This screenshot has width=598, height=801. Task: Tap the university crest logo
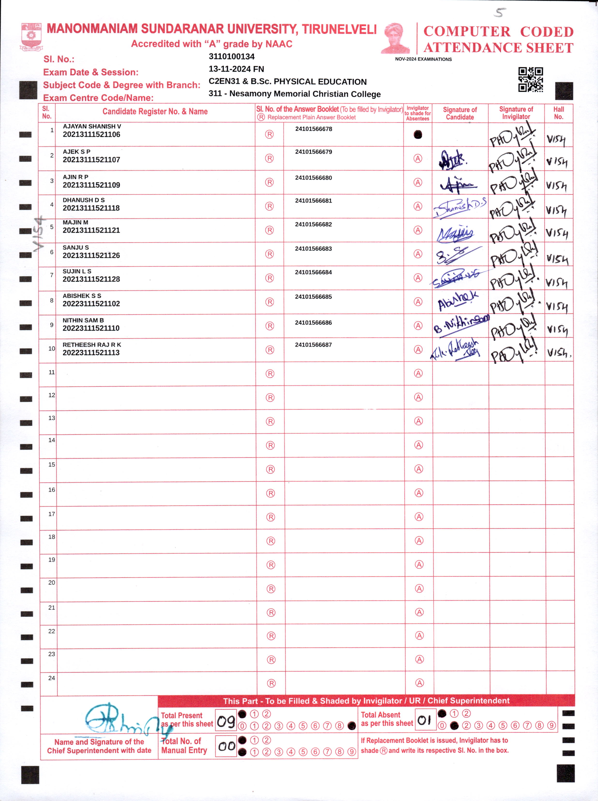[x=31, y=36]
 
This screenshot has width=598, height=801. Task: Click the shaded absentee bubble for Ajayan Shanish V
[x=418, y=135]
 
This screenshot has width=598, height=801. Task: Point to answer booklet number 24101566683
[x=314, y=249]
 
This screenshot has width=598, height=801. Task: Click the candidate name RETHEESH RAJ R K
[x=92, y=345]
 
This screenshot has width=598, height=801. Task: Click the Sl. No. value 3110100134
[x=232, y=56]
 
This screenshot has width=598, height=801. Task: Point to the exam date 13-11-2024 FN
[x=236, y=69]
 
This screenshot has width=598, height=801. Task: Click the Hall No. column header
[x=559, y=113]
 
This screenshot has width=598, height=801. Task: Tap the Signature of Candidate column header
[x=460, y=113]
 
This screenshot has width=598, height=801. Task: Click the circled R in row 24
[x=271, y=683]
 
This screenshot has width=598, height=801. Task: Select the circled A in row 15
[x=419, y=469]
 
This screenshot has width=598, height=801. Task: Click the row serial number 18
[x=52, y=537]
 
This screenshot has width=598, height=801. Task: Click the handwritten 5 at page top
[x=500, y=13]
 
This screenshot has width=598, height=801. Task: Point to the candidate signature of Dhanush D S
[x=459, y=207]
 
